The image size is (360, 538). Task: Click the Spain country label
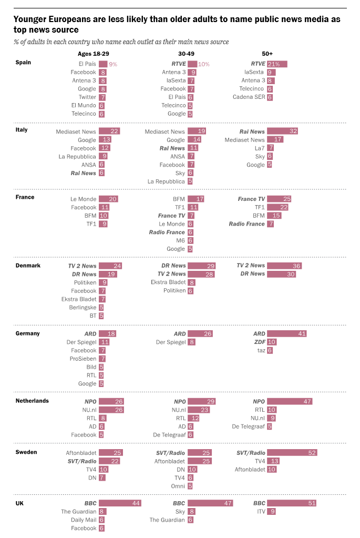(x=23, y=62)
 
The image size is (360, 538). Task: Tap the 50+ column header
(x=267, y=54)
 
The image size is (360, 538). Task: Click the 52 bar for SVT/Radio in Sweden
(x=292, y=453)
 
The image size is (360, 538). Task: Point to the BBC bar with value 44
(x=120, y=503)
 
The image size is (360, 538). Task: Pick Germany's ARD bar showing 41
(x=286, y=333)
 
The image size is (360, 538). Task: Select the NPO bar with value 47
(x=290, y=401)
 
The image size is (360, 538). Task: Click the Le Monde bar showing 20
(x=108, y=199)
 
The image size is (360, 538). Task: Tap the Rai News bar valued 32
(x=282, y=131)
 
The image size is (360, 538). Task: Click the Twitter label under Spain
(x=87, y=97)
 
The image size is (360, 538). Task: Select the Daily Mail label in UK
(x=83, y=520)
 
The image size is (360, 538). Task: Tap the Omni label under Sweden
(x=179, y=486)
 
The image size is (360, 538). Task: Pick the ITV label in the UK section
(x=260, y=511)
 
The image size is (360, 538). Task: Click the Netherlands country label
(x=32, y=401)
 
